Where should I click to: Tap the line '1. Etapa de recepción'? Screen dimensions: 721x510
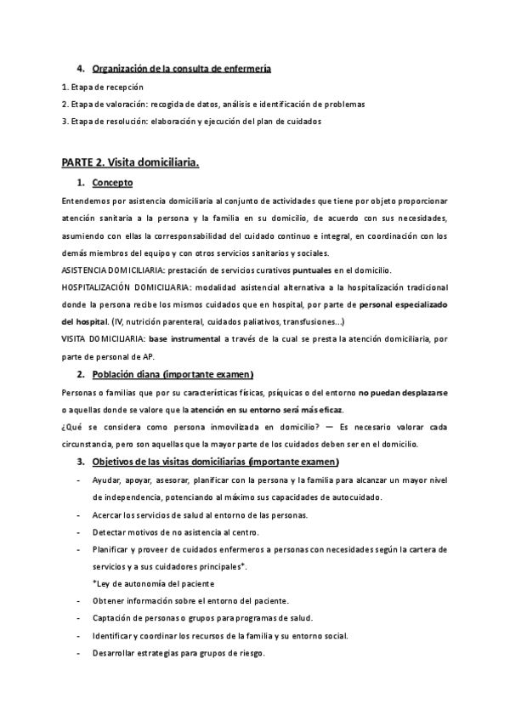[x=103, y=87]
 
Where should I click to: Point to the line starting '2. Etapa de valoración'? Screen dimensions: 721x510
[x=213, y=104]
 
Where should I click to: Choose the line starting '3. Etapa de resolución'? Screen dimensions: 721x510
[x=191, y=121]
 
